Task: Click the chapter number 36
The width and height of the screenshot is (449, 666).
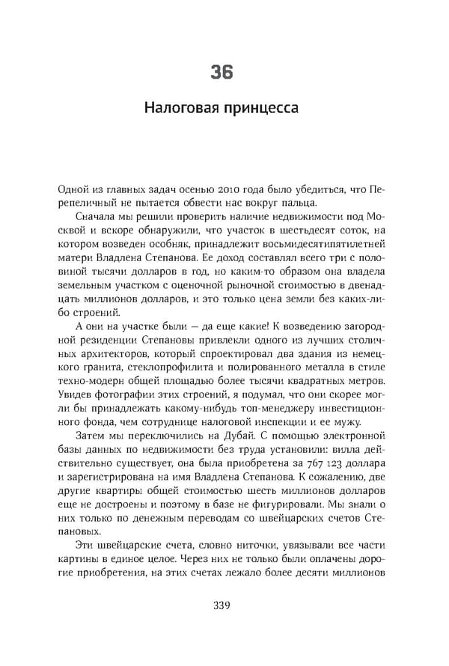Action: point(222,72)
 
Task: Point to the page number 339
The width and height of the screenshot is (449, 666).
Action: point(222,605)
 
